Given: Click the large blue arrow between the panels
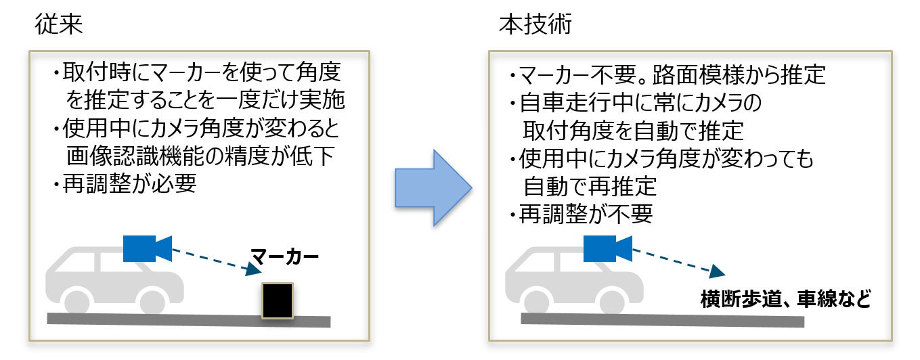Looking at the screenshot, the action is point(433,187).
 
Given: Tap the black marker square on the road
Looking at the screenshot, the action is point(278,300).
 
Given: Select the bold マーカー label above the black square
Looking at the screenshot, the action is point(284,256).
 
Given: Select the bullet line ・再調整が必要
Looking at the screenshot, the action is point(125,183).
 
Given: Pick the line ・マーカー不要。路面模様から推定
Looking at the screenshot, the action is point(668,74).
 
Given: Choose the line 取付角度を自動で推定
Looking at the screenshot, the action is point(633,129).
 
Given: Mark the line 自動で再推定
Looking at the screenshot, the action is point(590,185).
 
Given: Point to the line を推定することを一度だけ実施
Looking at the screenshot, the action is point(206,102).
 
